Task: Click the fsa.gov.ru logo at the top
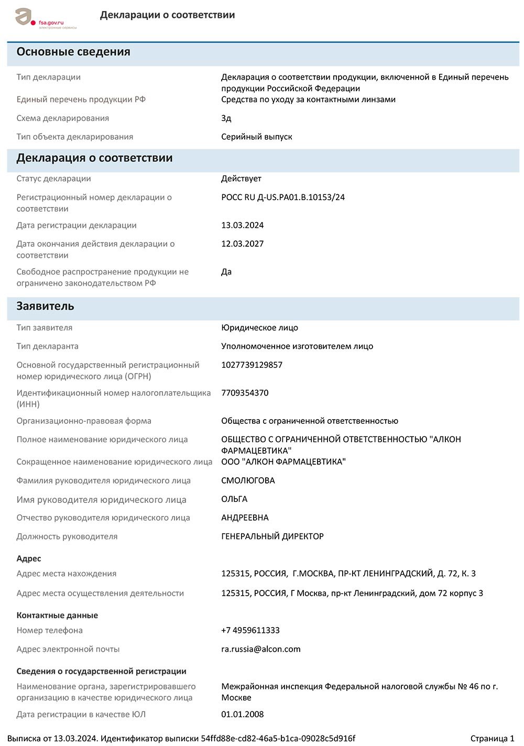45,19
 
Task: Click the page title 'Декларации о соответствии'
167,15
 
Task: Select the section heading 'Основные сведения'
73,52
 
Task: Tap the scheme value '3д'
226,118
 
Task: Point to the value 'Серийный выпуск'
256,137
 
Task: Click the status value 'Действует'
241,179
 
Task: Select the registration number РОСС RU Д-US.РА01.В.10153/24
283,198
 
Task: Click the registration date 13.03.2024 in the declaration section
242,225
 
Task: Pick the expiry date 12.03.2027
242,244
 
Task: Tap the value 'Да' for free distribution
226,272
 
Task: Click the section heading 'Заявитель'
45,306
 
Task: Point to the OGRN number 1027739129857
252,365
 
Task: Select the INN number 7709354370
245,393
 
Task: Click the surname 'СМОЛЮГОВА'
248,480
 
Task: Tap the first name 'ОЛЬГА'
234,499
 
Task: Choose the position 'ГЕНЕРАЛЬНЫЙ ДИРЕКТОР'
272,536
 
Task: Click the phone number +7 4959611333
250,630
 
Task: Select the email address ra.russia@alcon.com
261,649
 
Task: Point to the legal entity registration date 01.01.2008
242,715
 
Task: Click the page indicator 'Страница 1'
492,739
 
